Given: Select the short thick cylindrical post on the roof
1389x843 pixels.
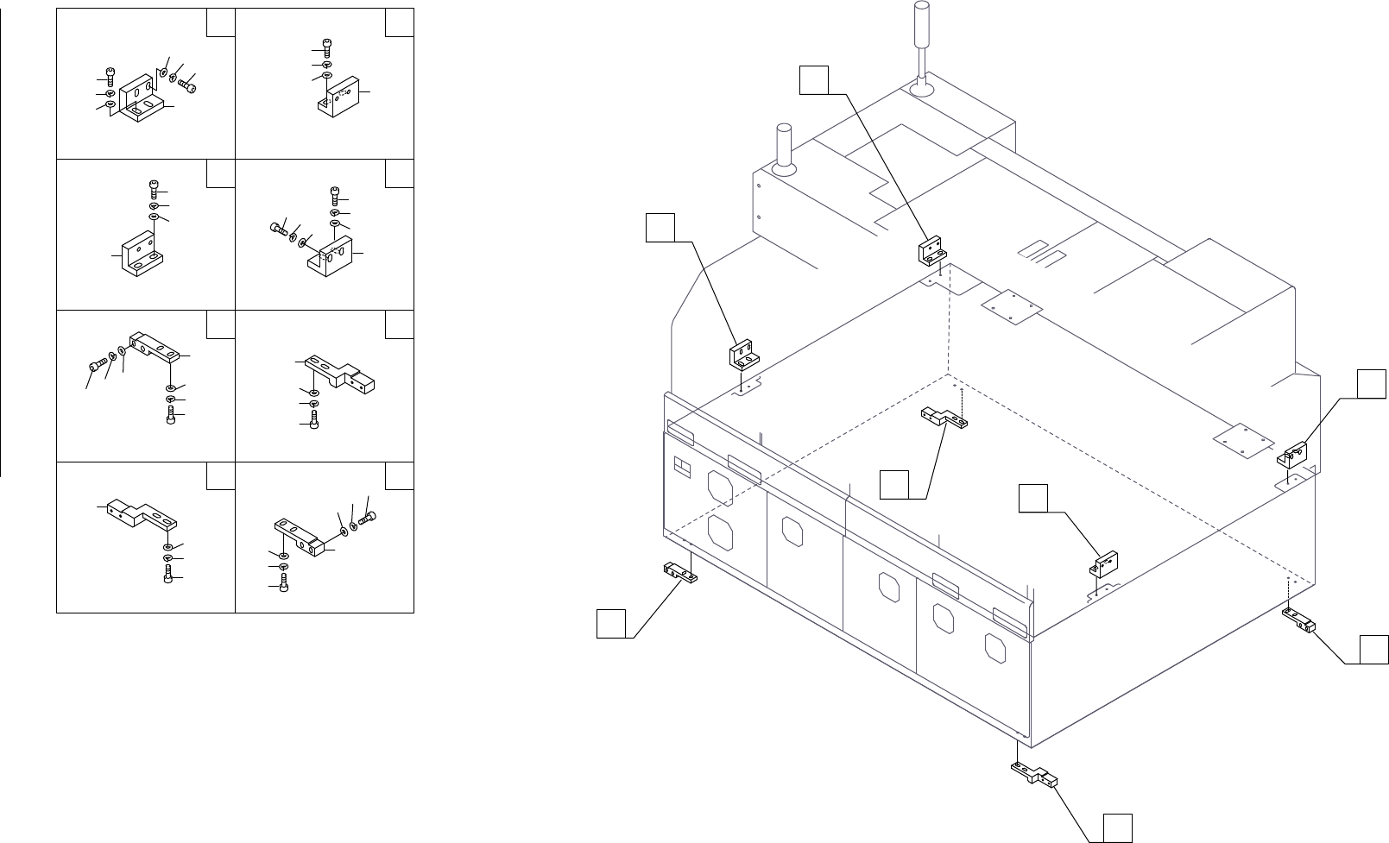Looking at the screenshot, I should coord(784,147).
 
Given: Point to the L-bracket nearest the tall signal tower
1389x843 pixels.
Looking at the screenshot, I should coord(929,252).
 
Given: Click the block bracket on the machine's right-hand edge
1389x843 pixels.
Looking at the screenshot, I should coord(1295,454).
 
